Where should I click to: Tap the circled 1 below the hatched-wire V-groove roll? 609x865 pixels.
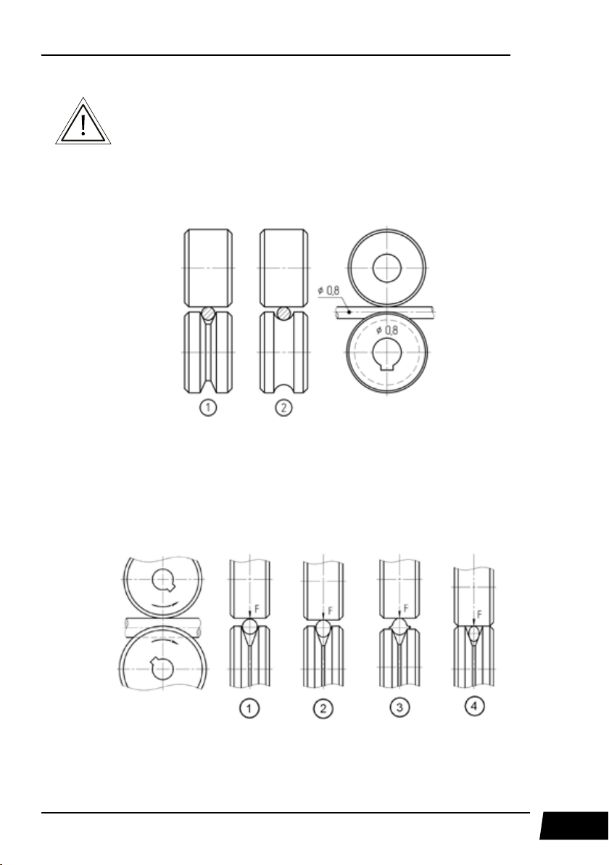(x=208, y=409)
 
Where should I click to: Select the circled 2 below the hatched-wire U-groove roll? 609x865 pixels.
(x=283, y=409)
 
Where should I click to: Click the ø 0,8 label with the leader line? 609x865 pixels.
(x=328, y=290)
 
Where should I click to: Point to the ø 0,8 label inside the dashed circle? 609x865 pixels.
(x=387, y=330)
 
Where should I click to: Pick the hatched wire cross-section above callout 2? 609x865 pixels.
(x=283, y=313)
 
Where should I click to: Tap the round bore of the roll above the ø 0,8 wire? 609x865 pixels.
(x=386, y=268)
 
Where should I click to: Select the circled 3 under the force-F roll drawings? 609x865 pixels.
(x=399, y=708)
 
